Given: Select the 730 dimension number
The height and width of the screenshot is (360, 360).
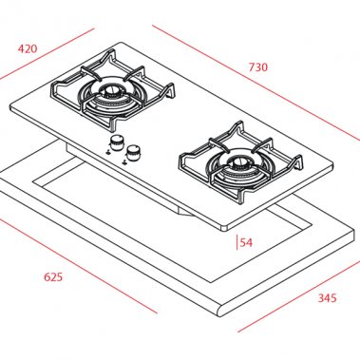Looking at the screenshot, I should (x=257, y=66).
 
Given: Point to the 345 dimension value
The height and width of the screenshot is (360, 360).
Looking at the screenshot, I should (x=326, y=298).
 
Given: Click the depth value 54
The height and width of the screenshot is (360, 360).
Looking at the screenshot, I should (x=246, y=242).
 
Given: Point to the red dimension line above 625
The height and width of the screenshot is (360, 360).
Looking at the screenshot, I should (x=76, y=266).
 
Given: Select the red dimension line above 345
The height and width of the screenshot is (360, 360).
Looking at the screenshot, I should (x=294, y=304).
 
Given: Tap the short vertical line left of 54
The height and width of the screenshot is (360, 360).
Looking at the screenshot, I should (x=237, y=241).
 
